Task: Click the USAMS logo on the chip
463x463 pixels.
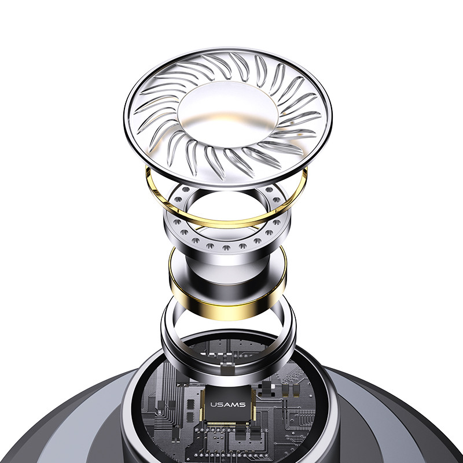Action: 227,405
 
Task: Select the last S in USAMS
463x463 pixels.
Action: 242,405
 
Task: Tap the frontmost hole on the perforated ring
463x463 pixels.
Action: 226,248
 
